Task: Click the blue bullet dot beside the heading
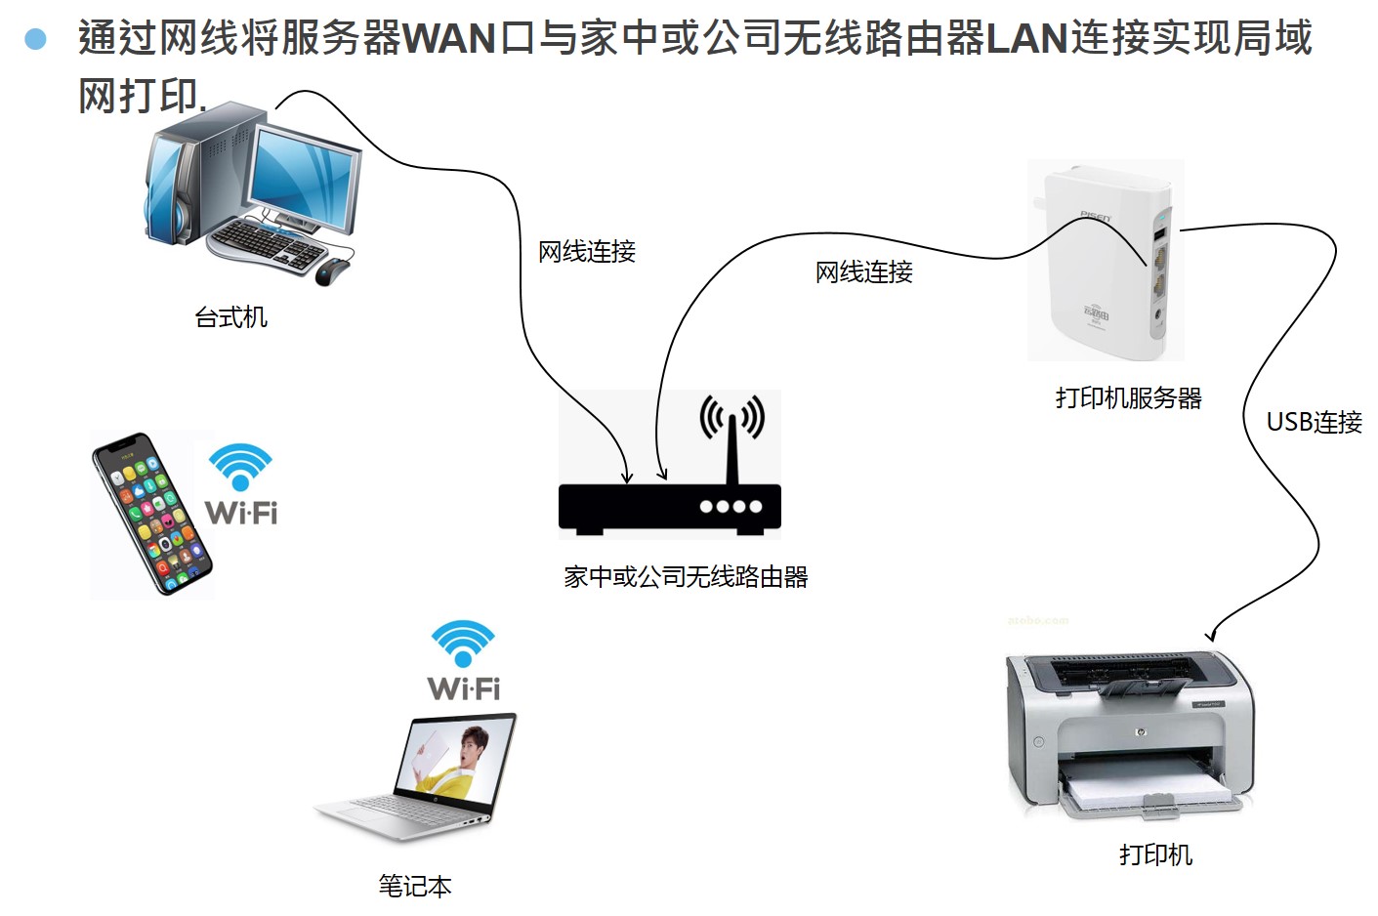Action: [36, 39]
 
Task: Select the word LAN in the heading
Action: [1026, 39]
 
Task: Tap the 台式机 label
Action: [230, 317]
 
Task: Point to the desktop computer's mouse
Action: [332, 271]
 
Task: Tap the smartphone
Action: [151, 513]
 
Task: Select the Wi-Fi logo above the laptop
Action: [464, 660]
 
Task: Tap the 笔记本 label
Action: [415, 886]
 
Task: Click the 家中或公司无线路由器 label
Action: [686, 577]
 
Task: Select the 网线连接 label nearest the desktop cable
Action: [587, 252]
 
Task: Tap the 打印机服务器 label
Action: [1128, 398]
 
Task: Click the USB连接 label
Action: [1314, 422]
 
